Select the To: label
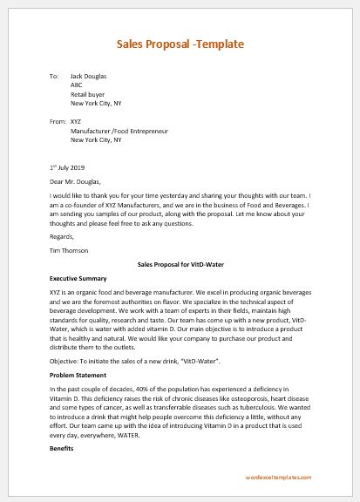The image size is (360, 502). pos(55,77)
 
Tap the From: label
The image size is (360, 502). pos(58,121)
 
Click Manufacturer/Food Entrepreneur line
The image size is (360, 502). pos(119,131)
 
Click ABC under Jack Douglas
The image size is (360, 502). pos(77,86)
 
